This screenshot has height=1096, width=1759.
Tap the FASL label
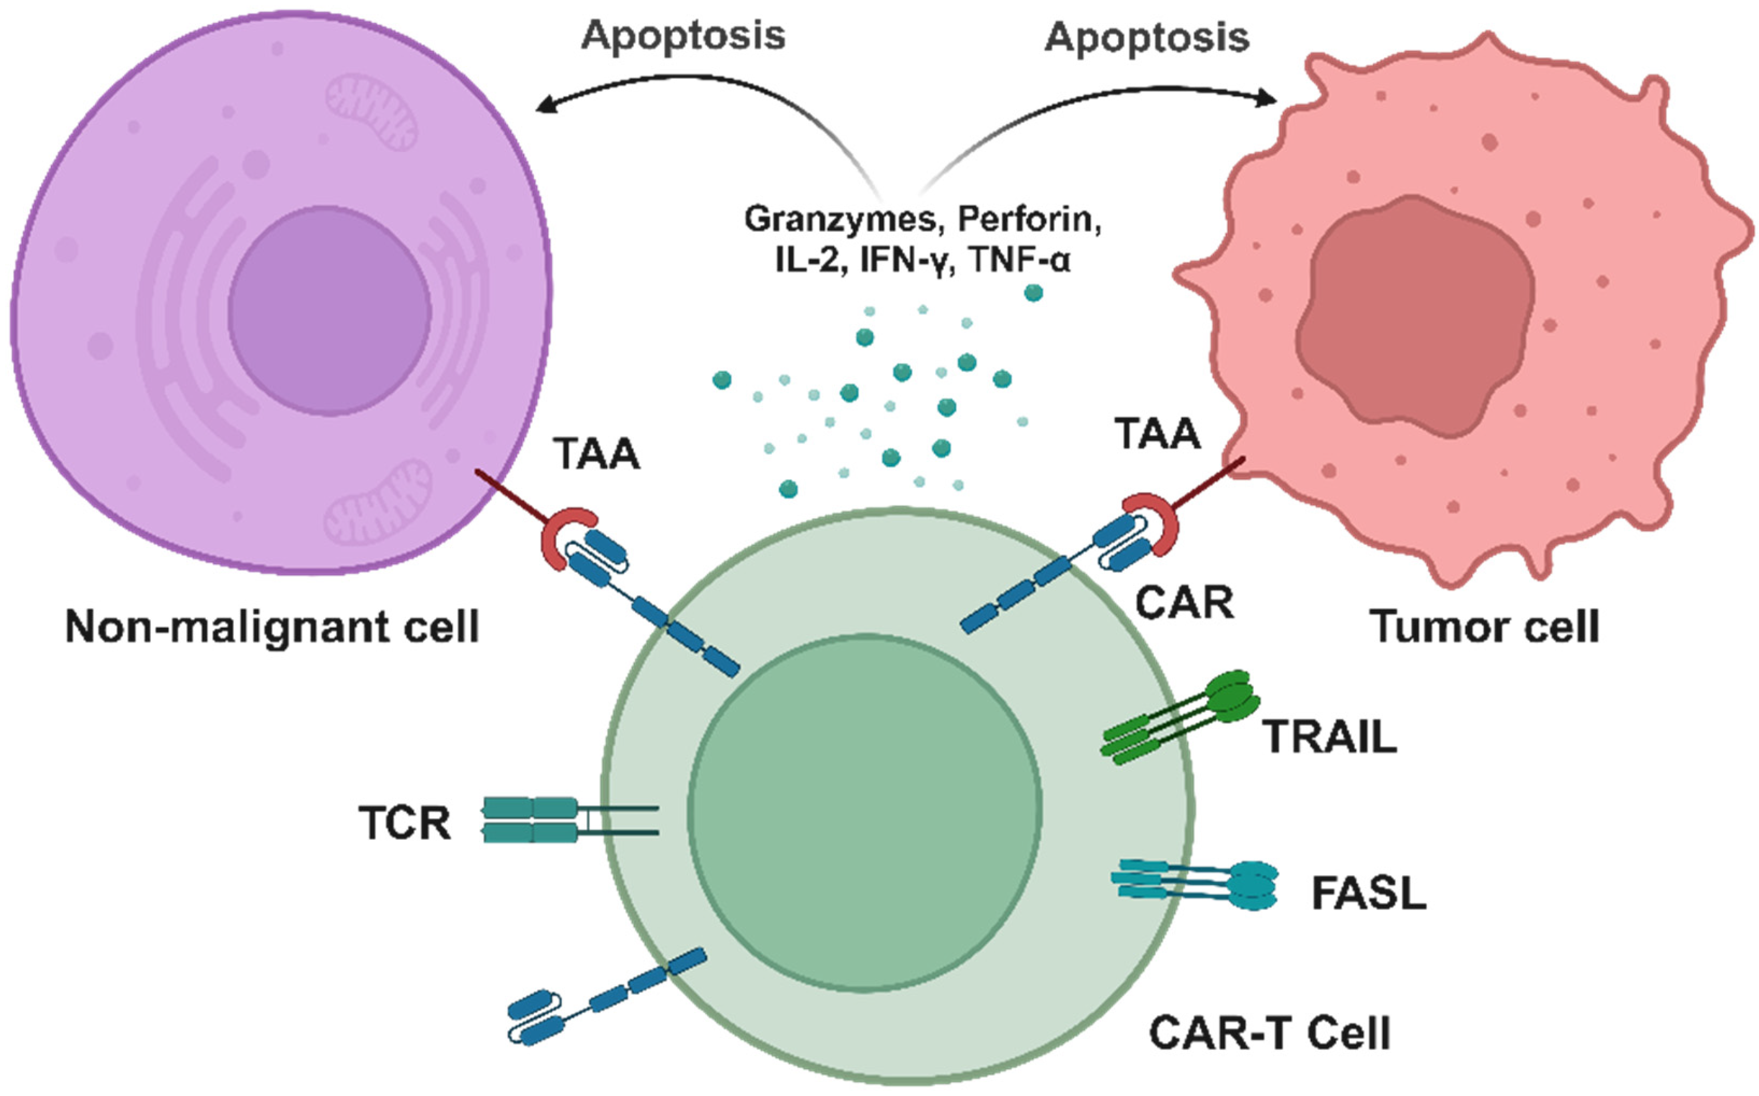[1369, 893]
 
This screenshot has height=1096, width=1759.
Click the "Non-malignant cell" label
[272, 626]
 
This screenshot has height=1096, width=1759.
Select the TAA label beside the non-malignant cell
[596, 455]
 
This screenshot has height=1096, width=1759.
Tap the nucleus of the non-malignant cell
[330, 310]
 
